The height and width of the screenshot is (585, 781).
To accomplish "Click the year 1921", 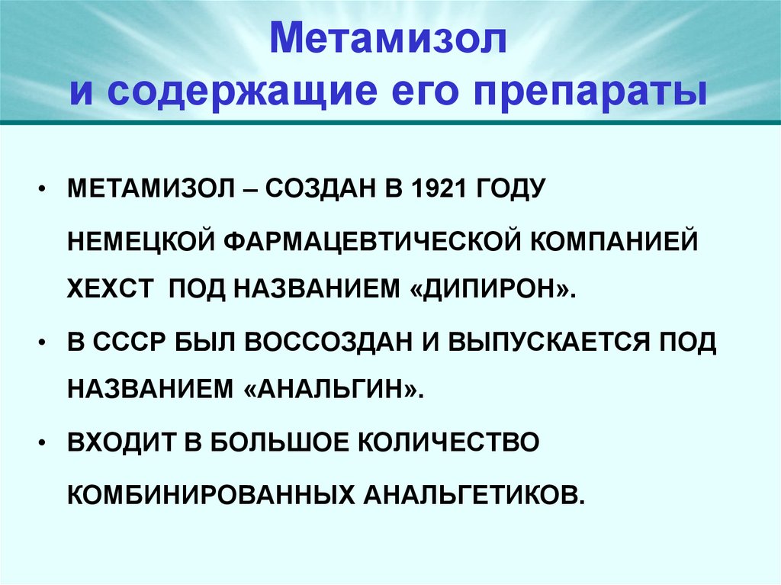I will pyautogui.click(x=431, y=188).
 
